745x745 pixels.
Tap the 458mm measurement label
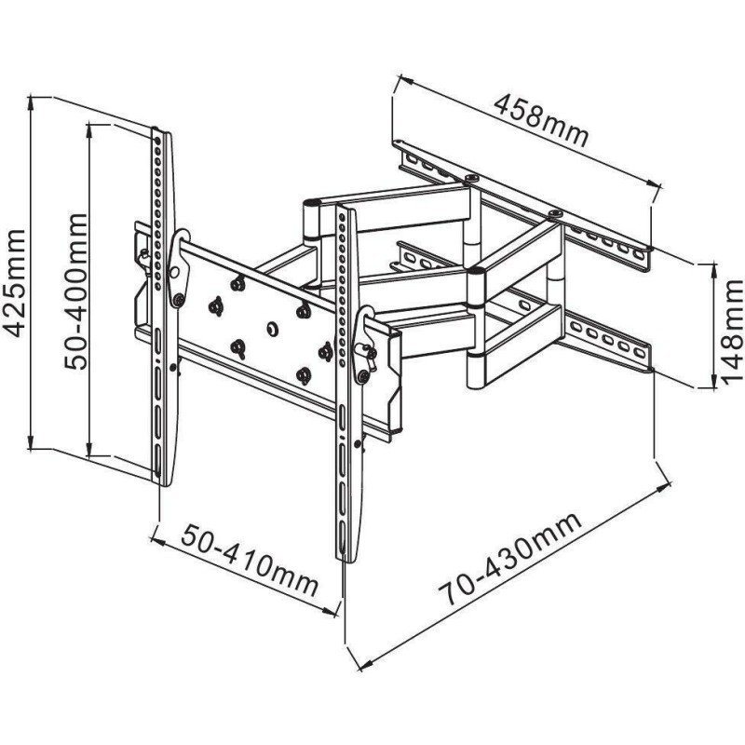(x=540, y=119)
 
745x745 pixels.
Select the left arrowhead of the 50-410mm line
(x=156, y=537)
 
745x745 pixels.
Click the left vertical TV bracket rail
(x=162, y=307)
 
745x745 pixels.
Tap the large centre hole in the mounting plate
(x=272, y=328)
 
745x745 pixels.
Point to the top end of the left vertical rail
(x=161, y=131)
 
